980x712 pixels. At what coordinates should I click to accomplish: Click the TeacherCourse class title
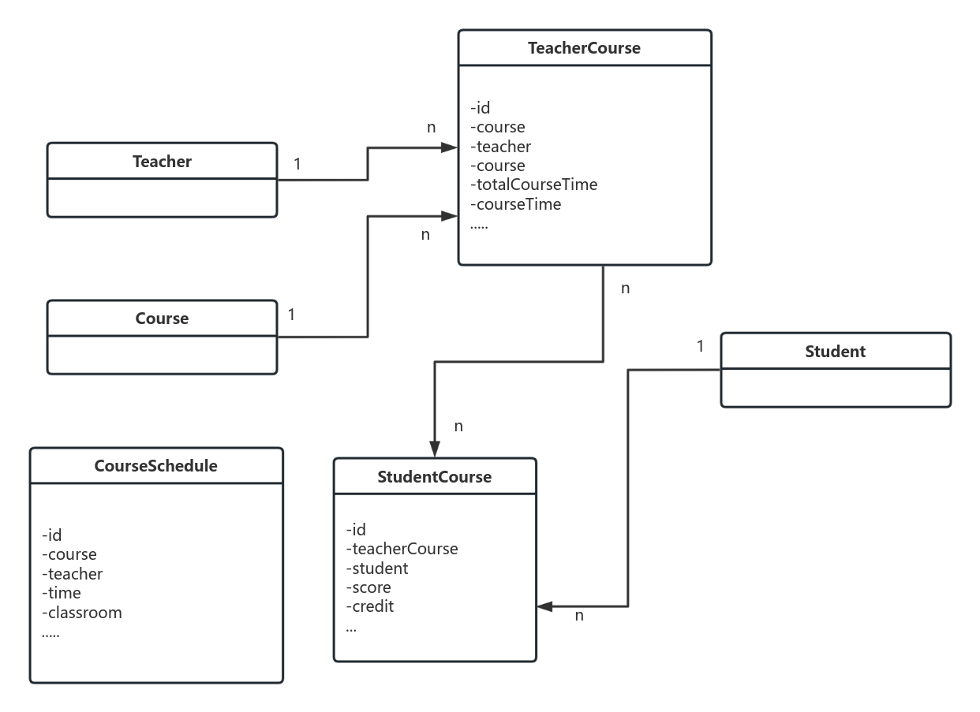(584, 48)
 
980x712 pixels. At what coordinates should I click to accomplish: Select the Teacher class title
(162, 162)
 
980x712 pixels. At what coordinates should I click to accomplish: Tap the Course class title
(162, 319)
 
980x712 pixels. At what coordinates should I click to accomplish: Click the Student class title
(835, 352)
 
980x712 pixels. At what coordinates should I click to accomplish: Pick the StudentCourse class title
(434, 477)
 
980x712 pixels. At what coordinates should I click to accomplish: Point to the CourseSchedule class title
(155, 466)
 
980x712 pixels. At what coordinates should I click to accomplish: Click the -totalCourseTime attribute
(533, 185)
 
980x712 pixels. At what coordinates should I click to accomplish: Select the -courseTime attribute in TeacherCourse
(515, 204)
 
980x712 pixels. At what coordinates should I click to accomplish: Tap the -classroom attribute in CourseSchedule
(82, 613)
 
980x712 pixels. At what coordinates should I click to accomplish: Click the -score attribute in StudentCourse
(368, 587)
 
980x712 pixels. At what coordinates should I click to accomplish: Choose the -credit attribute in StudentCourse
(369, 606)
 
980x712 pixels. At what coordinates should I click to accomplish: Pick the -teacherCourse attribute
(402, 549)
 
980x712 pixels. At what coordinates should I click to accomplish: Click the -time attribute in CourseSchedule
(62, 593)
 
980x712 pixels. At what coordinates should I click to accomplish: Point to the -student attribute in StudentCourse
(377, 568)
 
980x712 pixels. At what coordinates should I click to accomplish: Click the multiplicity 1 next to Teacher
(297, 164)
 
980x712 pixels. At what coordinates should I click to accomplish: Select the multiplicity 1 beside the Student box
(700, 345)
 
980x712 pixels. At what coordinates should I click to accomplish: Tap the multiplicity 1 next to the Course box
(291, 315)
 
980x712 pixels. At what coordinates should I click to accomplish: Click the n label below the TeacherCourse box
(625, 289)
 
